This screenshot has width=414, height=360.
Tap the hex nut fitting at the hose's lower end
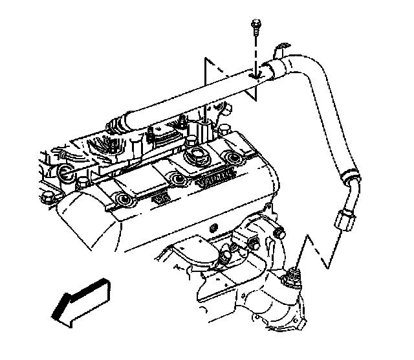(342, 224)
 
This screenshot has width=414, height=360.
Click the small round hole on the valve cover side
(213, 229)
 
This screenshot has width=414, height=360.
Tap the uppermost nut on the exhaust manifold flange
(280, 232)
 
